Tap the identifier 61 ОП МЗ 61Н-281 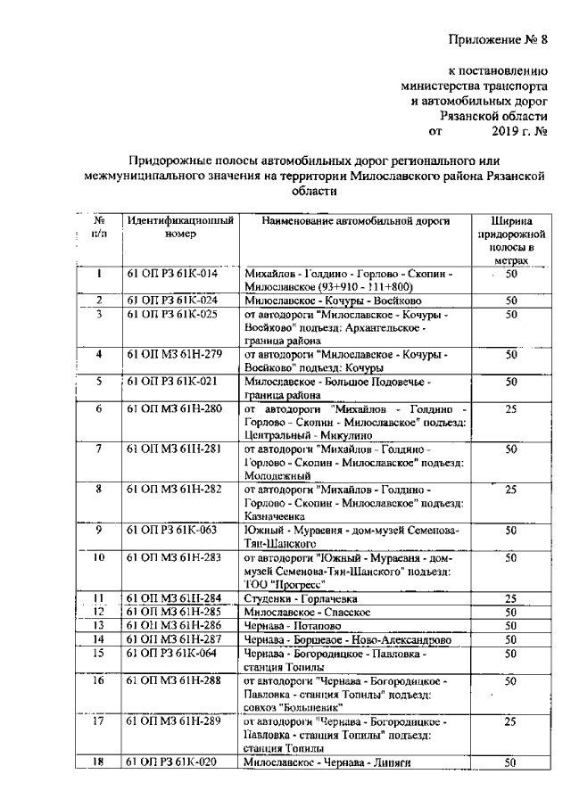[x=172, y=450]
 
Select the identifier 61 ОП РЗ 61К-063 [x=172, y=531]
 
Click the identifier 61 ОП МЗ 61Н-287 [x=172, y=639]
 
